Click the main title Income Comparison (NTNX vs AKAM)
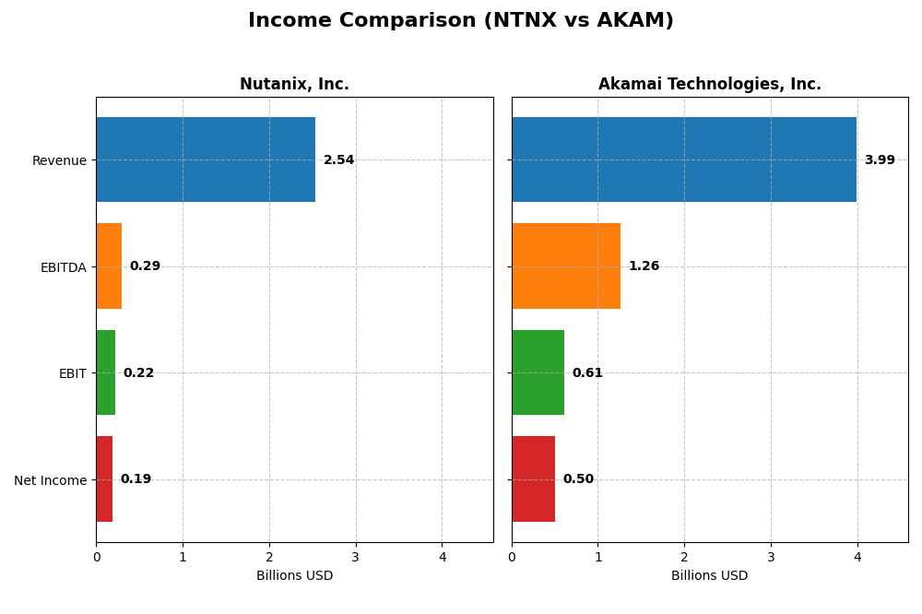[460, 20]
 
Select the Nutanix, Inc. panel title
[294, 84]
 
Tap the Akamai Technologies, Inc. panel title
[709, 84]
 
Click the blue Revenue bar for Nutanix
[206, 159]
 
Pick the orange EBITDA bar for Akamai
[566, 266]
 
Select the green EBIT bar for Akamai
[538, 372]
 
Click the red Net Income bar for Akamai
[533, 478]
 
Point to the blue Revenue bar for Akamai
[684, 159]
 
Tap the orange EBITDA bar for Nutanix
[109, 266]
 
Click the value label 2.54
[338, 160]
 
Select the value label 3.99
[880, 160]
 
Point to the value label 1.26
[644, 266]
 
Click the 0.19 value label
[136, 479]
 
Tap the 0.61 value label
[587, 373]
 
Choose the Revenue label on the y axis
[59, 160]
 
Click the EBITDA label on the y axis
[63, 267]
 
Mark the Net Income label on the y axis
[50, 480]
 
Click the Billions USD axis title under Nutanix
[294, 576]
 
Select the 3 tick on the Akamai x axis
[771, 557]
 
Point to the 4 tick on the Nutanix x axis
[442, 557]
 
